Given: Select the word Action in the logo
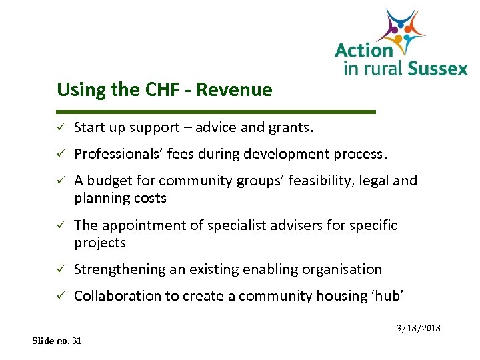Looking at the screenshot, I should click(364, 50).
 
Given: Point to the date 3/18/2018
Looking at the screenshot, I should click(419, 329).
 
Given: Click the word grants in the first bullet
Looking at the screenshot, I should click(291, 127).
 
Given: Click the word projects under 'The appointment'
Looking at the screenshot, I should click(100, 243).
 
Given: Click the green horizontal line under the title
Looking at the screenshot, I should click(217, 111).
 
